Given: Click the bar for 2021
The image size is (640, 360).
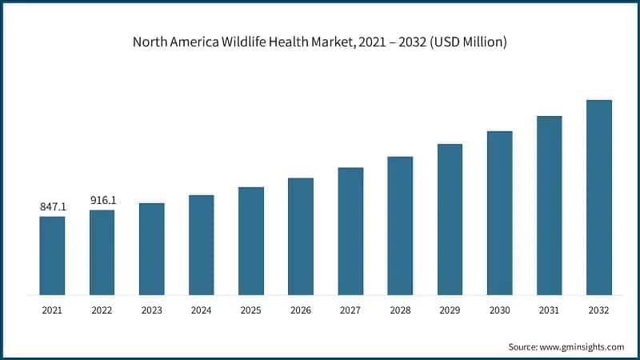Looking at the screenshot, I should pyautogui.click(x=53, y=256).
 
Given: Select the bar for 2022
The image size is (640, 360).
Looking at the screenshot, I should pyautogui.click(x=102, y=253).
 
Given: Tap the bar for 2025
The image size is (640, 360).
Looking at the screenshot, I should pyautogui.click(x=251, y=241).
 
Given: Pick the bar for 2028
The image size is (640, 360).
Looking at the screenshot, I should pyautogui.click(x=400, y=226).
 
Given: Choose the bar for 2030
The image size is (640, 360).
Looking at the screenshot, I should pyautogui.click(x=499, y=213).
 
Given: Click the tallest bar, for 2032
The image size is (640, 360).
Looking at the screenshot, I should pyautogui.click(x=598, y=198).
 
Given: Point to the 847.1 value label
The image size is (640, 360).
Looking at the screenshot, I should pyautogui.click(x=53, y=207).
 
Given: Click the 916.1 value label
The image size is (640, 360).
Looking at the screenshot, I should pyautogui.click(x=102, y=201).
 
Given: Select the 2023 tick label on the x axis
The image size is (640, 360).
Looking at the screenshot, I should pyautogui.click(x=152, y=310).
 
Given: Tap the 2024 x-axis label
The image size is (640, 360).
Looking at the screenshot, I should pyautogui.click(x=202, y=310).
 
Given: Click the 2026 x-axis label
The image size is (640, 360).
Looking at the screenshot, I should pyautogui.click(x=301, y=310).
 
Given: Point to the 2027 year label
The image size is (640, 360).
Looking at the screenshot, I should pyautogui.click(x=350, y=310).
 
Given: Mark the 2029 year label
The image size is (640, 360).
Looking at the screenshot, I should pyautogui.click(x=450, y=310).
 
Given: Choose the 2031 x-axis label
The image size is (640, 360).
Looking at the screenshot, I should pyautogui.click(x=549, y=310).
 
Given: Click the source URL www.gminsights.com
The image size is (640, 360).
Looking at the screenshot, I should pyautogui.click(x=581, y=346).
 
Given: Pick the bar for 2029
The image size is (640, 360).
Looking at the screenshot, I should pyautogui.click(x=450, y=219).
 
